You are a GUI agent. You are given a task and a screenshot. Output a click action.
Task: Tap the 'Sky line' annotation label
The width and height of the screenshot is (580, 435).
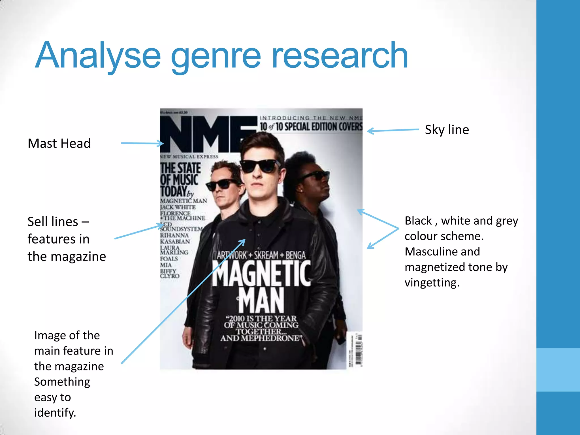447,130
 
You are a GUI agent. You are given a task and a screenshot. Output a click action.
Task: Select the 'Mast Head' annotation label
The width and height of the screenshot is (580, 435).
59,143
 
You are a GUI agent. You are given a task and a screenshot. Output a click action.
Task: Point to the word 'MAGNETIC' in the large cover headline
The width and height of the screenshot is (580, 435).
261,274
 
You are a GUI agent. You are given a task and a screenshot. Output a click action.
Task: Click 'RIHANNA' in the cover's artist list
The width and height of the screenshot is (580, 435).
174,235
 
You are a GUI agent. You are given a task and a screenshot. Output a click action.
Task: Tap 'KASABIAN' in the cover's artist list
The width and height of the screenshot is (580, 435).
175,242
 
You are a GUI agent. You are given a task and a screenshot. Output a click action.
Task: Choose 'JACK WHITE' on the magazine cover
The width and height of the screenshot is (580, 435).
178,207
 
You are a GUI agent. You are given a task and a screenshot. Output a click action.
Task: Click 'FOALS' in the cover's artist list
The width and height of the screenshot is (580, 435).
169,259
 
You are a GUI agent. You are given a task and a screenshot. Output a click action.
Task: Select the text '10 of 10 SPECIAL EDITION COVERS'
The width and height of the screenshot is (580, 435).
311,127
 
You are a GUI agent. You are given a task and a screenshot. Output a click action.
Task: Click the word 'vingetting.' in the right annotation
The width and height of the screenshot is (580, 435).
432,283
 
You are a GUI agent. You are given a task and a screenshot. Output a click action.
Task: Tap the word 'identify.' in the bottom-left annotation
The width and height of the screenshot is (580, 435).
55,413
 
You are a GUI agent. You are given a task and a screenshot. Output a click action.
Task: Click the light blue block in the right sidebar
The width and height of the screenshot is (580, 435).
558,370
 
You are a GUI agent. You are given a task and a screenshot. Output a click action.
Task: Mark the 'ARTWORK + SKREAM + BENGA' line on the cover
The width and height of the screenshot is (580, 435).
261,255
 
